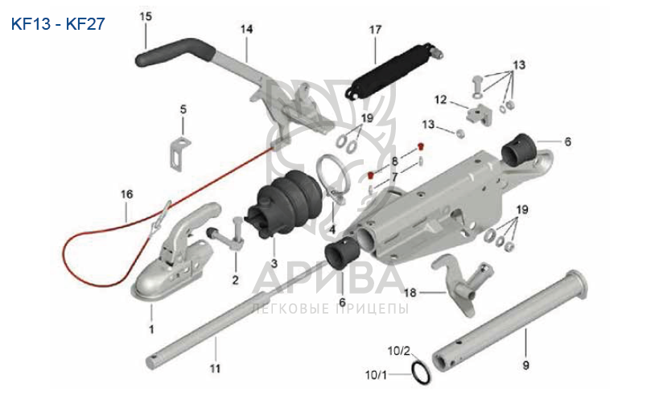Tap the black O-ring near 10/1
[419, 372]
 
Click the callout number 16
[126, 194]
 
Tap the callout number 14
[246, 29]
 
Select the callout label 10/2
[399, 351]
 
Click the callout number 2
[235, 280]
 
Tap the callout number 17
[375, 29]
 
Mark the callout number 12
[441, 100]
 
